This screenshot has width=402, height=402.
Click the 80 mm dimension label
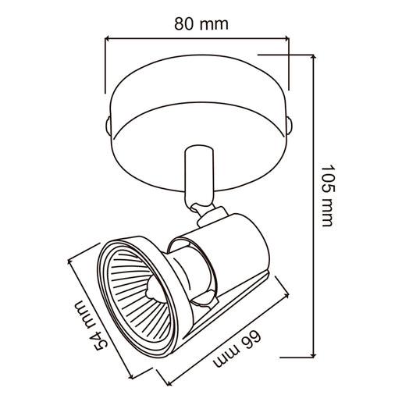tap(201, 24)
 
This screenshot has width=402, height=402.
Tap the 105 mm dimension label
tap(327, 195)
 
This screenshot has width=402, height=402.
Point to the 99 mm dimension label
tap(237, 349)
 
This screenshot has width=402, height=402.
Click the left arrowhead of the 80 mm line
tap(107, 39)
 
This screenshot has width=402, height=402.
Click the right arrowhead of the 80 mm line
tap(286, 39)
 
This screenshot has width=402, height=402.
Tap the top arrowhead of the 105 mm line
tap(314, 57)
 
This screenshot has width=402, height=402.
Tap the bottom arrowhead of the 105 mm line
tap(314, 355)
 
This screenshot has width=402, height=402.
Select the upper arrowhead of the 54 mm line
tap(70, 261)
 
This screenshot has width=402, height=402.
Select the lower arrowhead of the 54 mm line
tap(131, 376)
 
